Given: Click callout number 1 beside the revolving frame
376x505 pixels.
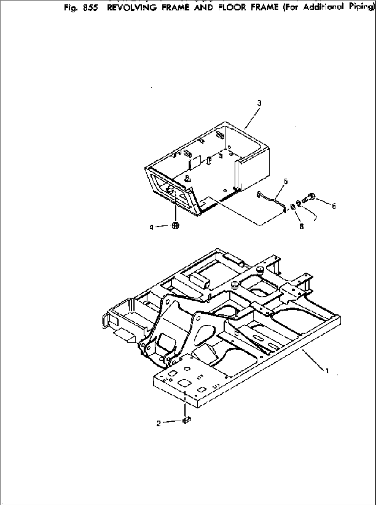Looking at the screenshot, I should (327, 371).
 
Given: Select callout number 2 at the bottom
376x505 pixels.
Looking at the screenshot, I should (158, 424).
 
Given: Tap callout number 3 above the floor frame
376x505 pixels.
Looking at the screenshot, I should (259, 103).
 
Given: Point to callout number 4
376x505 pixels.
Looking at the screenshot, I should (151, 227).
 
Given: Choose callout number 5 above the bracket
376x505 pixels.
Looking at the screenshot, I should (286, 181).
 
